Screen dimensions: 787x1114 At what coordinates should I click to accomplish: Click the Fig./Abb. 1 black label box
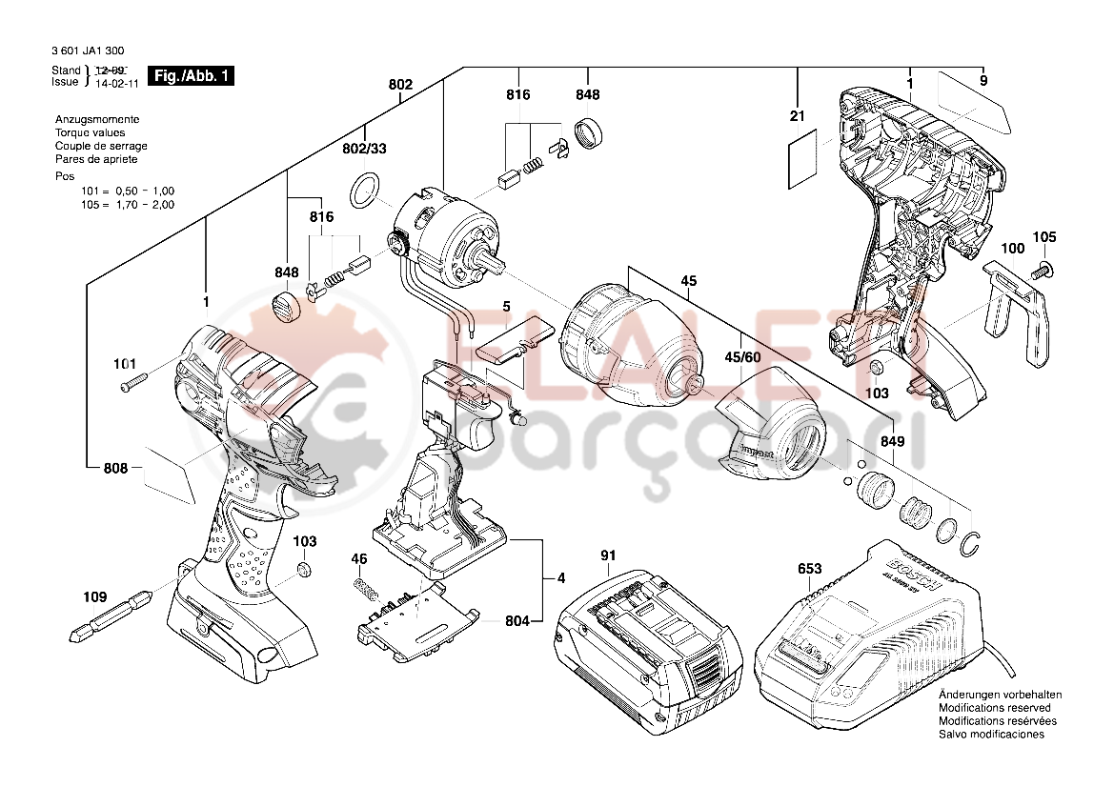coord(192,76)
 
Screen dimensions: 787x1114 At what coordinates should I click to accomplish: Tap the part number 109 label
coord(94,597)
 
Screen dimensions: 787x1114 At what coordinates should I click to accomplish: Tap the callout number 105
coord(1044,236)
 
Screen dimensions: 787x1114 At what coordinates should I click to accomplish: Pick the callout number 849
coord(892,442)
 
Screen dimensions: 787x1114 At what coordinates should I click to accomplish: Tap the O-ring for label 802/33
coord(364,190)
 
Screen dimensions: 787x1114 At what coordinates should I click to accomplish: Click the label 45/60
coord(743,356)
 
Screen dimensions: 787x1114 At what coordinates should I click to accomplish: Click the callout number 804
coord(517,621)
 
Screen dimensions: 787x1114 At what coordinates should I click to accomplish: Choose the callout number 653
coord(809,569)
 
